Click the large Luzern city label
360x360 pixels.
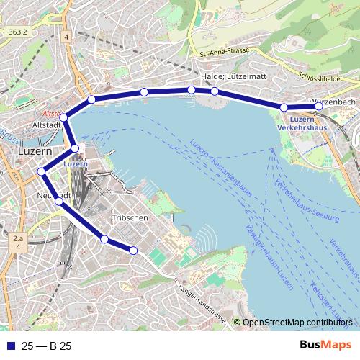(33, 153)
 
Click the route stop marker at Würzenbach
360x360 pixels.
(320, 107)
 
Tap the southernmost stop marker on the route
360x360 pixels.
(132, 251)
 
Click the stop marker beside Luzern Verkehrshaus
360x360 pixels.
(284, 108)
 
